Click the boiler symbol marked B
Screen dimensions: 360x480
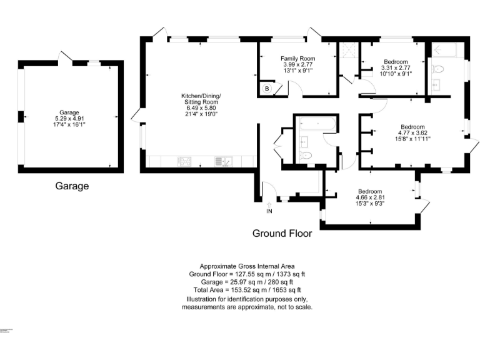(267, 89)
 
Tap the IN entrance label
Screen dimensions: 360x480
(269, 212)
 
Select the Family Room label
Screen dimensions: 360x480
(297, 57)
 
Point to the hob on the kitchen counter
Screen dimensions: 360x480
(186, 162)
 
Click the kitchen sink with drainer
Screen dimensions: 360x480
(223, 162)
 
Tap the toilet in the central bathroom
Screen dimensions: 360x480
(306, 155)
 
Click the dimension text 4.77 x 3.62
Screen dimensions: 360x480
(412, 132)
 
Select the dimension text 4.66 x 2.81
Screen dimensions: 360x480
(371, 197)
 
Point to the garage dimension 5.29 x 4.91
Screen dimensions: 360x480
(69, 118)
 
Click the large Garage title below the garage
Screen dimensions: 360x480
(72, 186)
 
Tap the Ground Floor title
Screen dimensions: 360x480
(282, 234)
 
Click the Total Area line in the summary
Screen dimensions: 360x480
(247, 290)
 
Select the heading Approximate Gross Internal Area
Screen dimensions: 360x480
(247, 266)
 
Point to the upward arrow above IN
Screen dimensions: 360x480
(269, 204)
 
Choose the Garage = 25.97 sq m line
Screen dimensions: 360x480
(247, 282)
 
